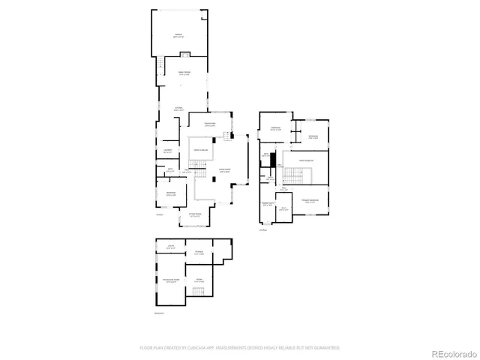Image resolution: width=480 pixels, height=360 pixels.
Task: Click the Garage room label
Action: pos(178,36)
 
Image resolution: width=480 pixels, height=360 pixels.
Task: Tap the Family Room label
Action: pos(184,73)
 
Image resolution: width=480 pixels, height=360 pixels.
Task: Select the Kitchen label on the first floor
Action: pos(181,109)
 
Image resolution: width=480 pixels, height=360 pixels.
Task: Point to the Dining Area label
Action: pos(211,124)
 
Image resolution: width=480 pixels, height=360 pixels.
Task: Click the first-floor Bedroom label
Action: pos(171,193)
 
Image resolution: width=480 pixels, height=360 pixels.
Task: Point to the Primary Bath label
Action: pos(266,204)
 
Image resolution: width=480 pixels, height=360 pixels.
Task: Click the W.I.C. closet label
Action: pos(283,210)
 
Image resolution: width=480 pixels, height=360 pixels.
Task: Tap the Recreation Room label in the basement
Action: pos(172,280)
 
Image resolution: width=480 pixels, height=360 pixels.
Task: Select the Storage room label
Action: pos(199,253)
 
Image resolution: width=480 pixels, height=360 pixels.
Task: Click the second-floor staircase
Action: pos(294,176)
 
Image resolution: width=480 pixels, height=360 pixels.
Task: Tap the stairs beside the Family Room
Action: pos(161,66)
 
